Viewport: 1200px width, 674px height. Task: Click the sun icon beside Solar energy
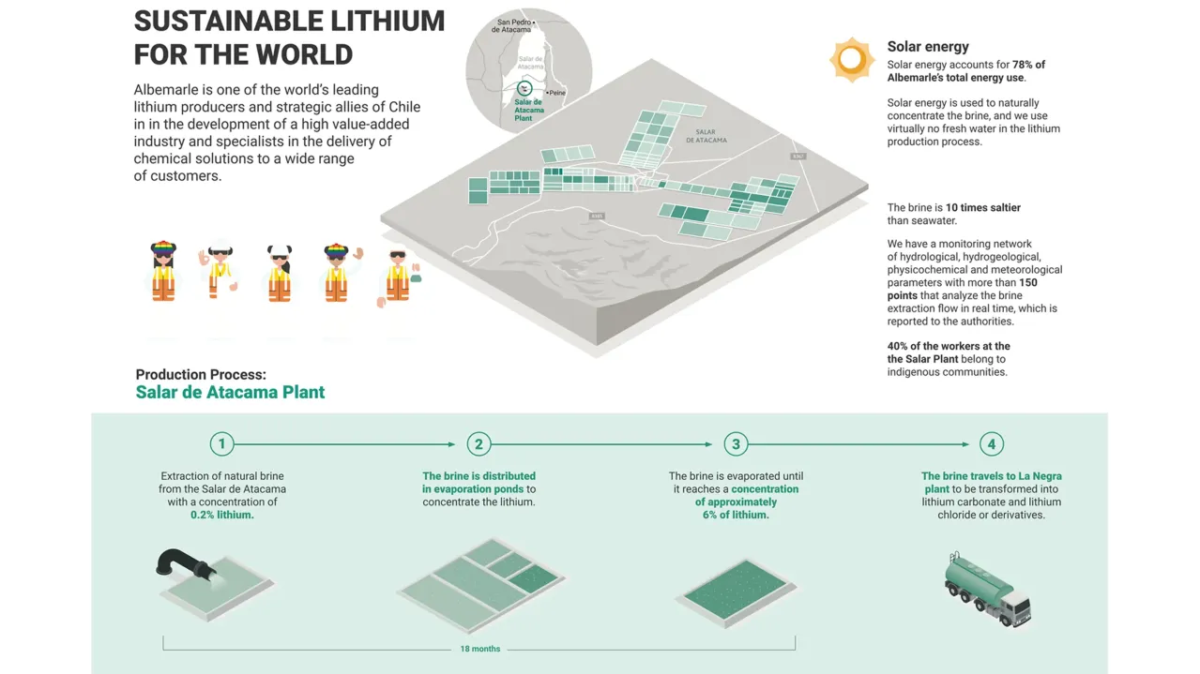tap(852, 60)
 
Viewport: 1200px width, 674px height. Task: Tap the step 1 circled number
tap(221, 444)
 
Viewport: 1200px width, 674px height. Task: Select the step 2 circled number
tap(478, 444)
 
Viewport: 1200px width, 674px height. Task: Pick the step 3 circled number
tap(736, 444)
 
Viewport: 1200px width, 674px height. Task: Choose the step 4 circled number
tap(992, 444)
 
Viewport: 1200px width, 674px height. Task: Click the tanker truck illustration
tap(987, 588)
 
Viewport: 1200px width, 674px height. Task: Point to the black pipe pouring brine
tap(182, 563)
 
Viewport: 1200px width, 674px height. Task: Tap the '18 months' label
tap(479, 649)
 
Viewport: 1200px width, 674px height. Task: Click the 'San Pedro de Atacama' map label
tap(513, 25)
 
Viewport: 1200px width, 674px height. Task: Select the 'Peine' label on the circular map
tap(557, 93)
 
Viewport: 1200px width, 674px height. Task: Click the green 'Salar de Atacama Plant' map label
tap(528, 110)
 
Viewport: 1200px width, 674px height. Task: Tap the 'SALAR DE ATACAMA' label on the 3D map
tap(706, 136)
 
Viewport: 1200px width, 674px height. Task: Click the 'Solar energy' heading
tap(928, 47)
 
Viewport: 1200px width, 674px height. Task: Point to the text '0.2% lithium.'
tap(222, 515)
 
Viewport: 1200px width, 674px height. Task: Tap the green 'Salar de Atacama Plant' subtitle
tap(230, 393)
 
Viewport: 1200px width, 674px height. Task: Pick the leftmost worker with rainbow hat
tap(163, 272)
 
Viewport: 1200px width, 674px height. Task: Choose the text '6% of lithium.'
tap(736, 515)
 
